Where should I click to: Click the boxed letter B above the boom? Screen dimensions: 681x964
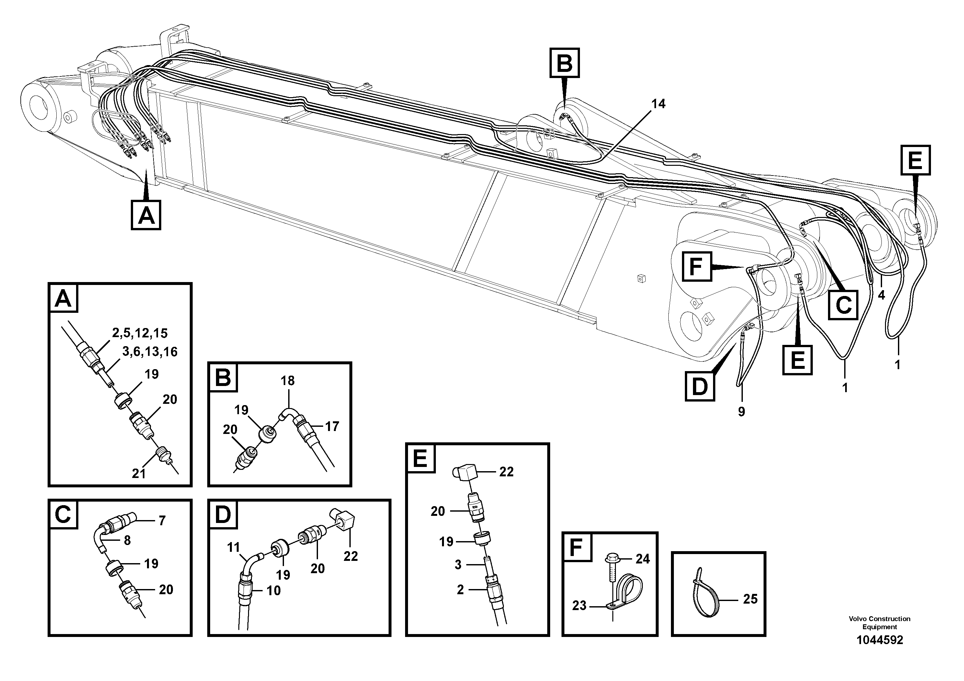pos(565,63)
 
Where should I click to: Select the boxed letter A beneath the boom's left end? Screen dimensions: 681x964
pos(146,215)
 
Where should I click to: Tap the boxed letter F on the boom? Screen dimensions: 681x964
pos(696,266)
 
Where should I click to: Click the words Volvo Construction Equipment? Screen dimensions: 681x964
pos(879,623)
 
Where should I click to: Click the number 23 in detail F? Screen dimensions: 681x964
pos(579,606)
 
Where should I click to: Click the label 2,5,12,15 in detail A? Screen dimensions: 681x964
pos(140,333)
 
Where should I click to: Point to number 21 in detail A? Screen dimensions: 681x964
pos(139,474)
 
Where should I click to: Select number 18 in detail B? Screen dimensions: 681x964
pos(288,381)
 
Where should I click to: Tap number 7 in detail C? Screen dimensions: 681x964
pos(162,521)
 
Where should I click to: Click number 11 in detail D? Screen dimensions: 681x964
pos(233,547)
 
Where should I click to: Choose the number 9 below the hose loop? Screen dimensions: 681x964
pos(742,412)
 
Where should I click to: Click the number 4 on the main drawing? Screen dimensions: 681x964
pos(881,296)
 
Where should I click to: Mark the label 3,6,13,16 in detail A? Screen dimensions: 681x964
pos(150,351)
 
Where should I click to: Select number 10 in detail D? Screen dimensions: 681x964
pos(273,591)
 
